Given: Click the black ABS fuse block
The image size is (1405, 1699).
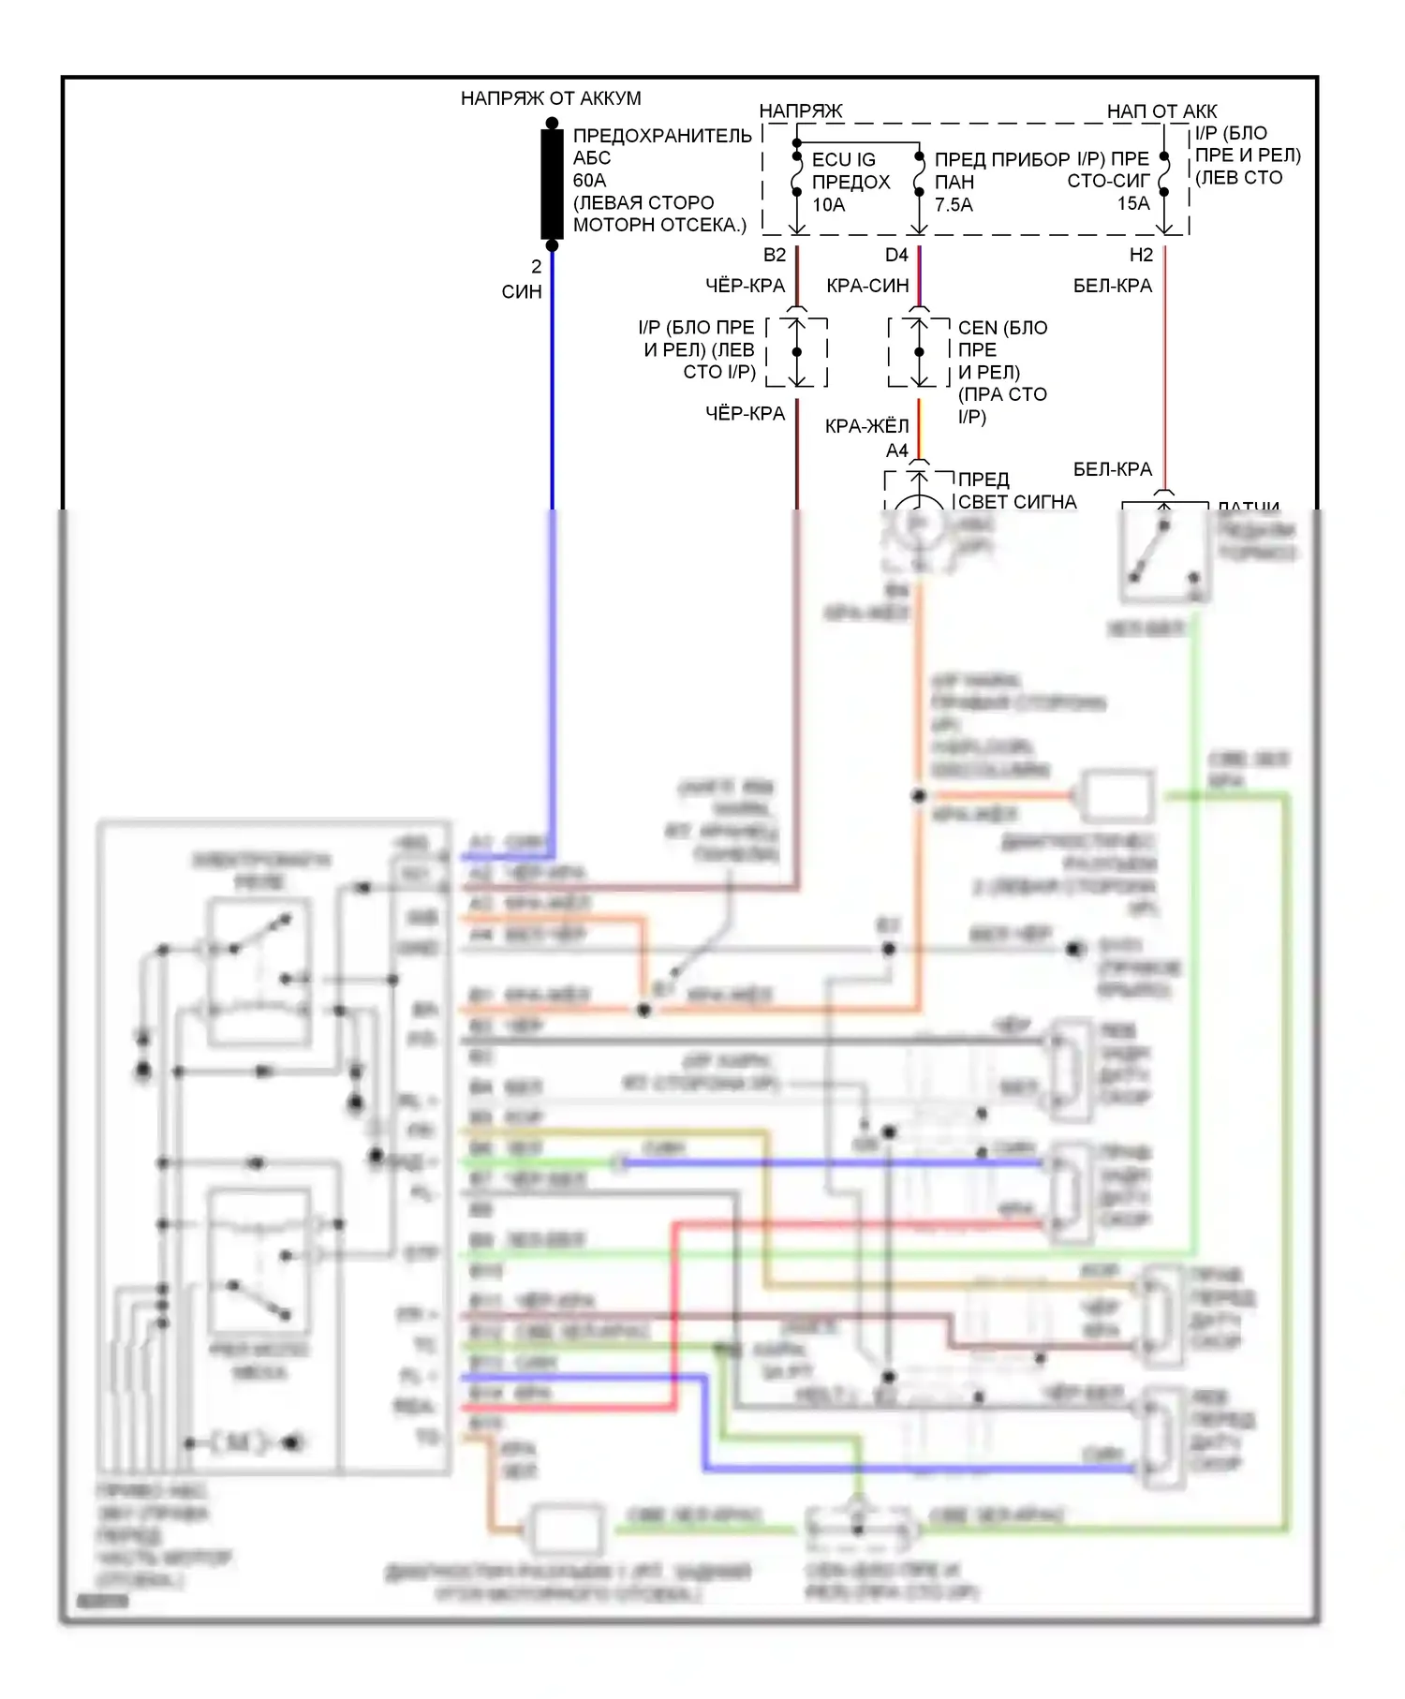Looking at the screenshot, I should point(552,184).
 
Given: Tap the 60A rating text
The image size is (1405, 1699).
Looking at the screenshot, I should point(589,180).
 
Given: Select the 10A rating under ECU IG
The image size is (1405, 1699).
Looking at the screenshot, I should point(828,204).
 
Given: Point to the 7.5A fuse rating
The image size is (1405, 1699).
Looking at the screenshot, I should point(954,204).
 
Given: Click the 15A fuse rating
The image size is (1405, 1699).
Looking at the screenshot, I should point(1132,203).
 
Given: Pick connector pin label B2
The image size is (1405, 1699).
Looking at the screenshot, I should point(774,255).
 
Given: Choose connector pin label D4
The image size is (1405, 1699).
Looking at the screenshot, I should point(896,255).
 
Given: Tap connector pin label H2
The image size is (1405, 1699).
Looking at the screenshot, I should point(1140,255).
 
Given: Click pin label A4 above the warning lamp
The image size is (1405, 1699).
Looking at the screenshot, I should point(896,451).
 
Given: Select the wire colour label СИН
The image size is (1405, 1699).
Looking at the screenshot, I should point(522,292).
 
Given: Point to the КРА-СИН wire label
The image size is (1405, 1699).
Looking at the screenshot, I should point(867,286).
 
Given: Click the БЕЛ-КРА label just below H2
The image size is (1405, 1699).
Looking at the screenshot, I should point(1112,286).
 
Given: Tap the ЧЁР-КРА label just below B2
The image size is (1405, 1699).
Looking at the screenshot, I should point(745,286).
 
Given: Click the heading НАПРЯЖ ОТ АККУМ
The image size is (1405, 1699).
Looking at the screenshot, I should point(551,98).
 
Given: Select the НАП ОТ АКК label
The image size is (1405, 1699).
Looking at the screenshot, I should point(1161,111).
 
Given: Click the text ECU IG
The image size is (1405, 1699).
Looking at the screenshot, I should point(843,160).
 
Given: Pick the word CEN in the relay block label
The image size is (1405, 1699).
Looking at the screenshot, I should point(977,328).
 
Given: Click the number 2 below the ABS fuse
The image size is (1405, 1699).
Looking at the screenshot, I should point(536,267).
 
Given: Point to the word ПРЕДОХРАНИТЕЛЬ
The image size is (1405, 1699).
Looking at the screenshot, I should point(662,136).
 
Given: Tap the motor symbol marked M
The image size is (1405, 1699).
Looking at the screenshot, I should point(238,1442).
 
